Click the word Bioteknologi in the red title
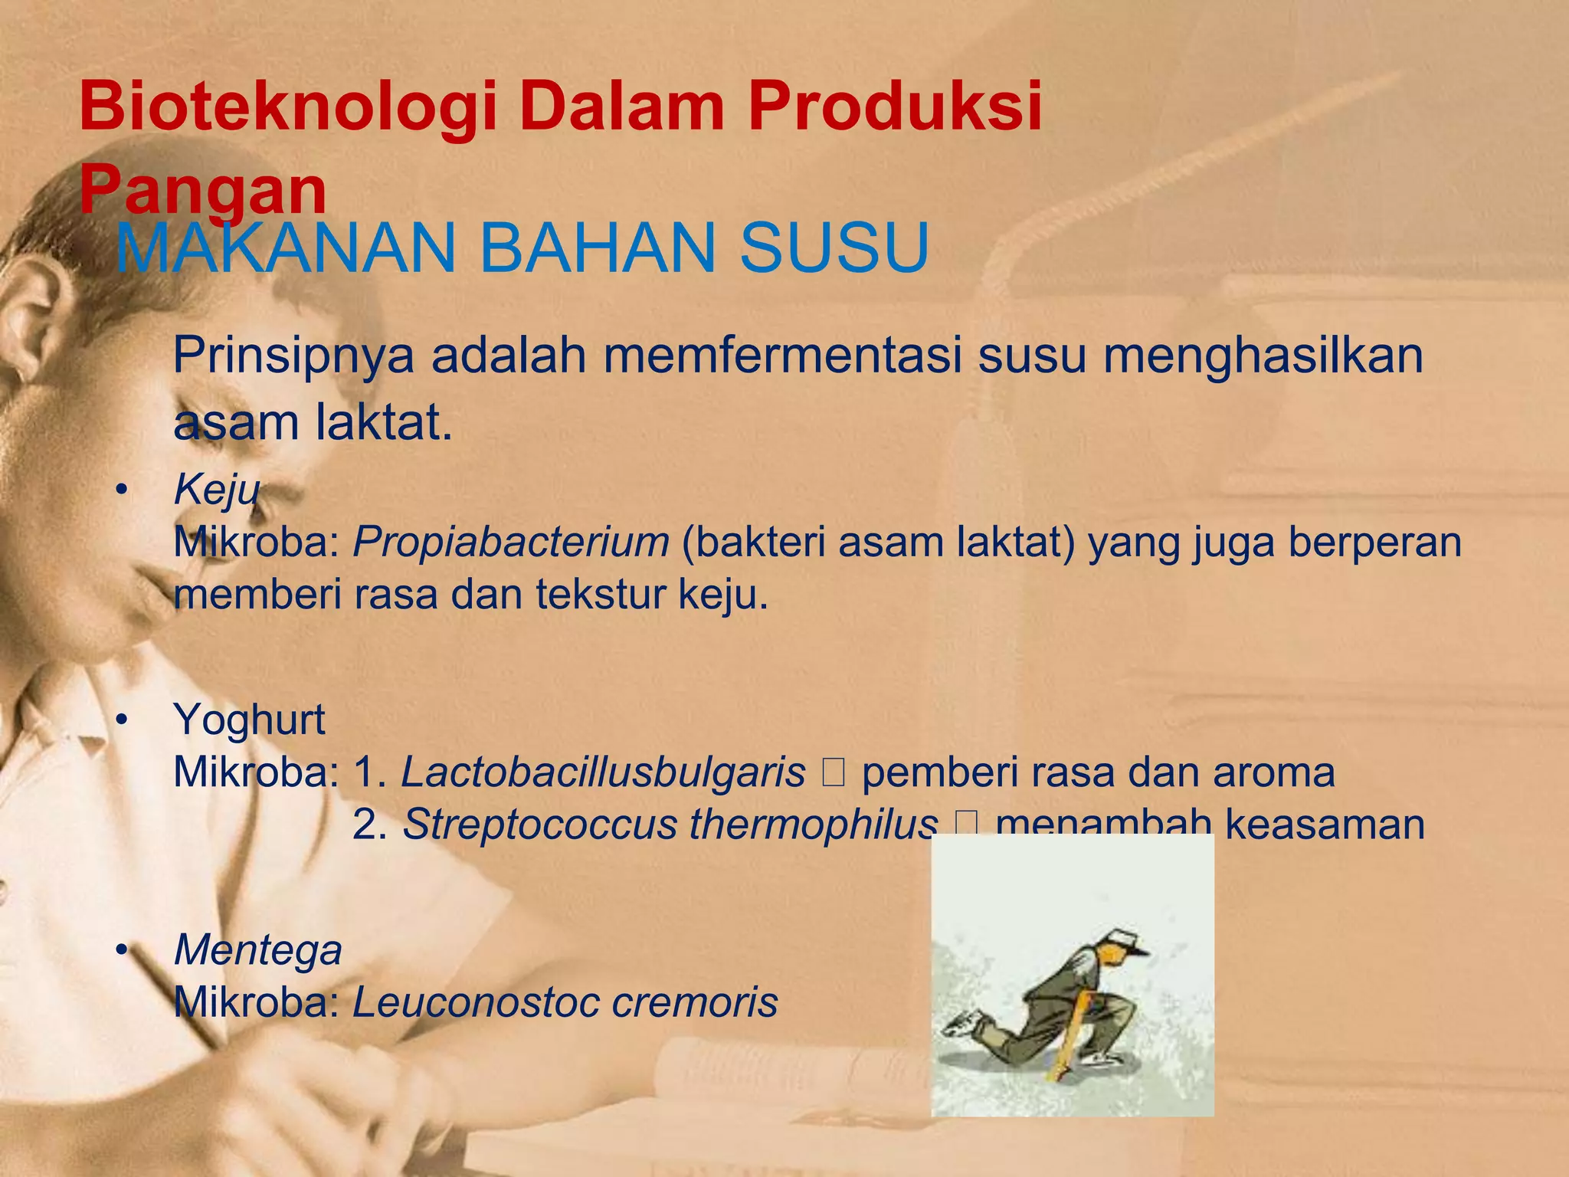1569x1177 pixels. [x=287, y=107]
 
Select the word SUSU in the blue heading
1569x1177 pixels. [x=834, y=248]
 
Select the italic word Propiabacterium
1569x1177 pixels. [x=511, y=542]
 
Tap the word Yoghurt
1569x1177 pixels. [x=250, y=720]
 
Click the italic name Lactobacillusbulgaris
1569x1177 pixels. [x=604, y=772]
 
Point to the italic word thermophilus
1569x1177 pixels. [x=813, y=825]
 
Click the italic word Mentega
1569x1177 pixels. [x=258, y=950]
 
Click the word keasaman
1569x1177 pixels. [x=1325, y=825]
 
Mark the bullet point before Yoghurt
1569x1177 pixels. [x=121, y=721]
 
